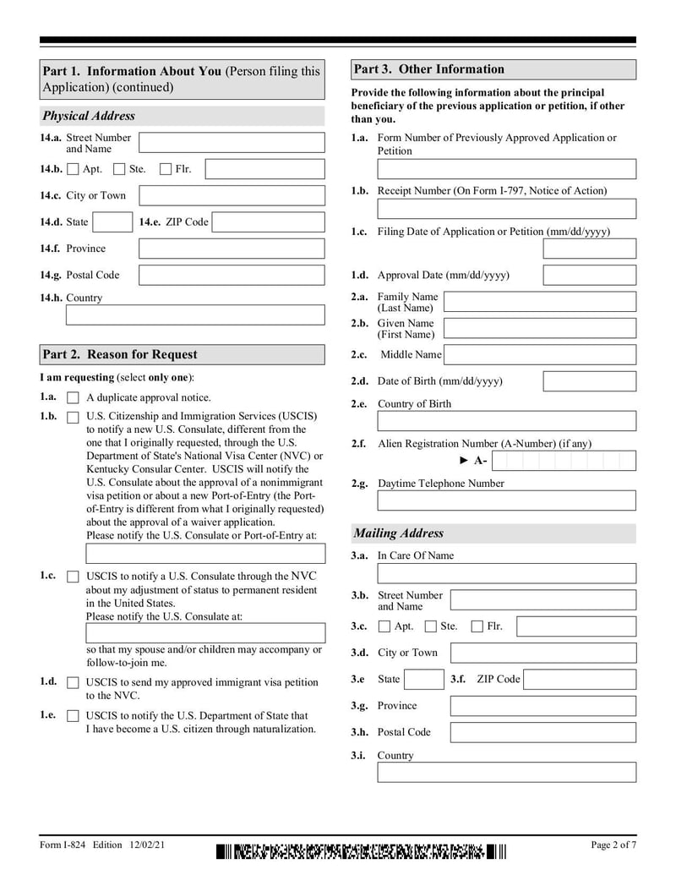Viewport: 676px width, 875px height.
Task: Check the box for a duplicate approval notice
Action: coord(73,398)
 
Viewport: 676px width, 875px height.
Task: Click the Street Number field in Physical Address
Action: coord(231,143)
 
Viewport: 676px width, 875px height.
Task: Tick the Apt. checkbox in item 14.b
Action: coord(73,169)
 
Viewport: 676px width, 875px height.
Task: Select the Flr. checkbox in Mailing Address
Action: coord(477,626)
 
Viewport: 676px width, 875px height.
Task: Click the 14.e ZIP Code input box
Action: coord(268,222)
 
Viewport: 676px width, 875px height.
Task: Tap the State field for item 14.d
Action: coord(112,222)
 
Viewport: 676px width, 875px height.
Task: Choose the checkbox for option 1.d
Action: coord(73,683)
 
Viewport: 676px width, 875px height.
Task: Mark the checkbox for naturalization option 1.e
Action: coord(73,716)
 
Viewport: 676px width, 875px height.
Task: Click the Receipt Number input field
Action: coord(506,209)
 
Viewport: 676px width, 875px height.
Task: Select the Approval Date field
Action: coord(589,276)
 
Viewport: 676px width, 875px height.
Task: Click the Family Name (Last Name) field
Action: coord(539,302)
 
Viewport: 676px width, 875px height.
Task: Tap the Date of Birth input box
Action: coord(589,381)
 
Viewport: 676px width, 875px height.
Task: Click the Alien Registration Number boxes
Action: coord(563,461)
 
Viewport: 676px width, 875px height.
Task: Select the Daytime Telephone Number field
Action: coord(506,500)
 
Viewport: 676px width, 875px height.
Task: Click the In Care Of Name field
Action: coord(506,573)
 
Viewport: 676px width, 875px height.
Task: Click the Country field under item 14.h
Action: coord(194,315)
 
